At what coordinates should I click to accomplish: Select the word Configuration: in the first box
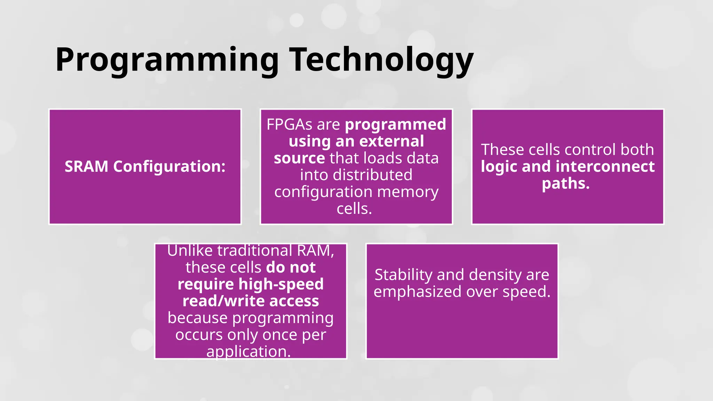pyautogui.click(x=169, y=166)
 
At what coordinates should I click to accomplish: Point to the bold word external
pyautogui.click(x=392, y=141)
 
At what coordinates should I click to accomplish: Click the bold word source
pyautogui.click(x=299, y=158)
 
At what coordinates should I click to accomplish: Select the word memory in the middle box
pyautogui.click(x=408, y=192)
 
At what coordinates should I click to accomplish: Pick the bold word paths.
pyautogui.click(x=566, y=183)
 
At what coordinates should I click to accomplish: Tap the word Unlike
pyautogui.click(x=190, y=251)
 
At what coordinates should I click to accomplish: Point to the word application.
pyautogui.click(x=248, y=352)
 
